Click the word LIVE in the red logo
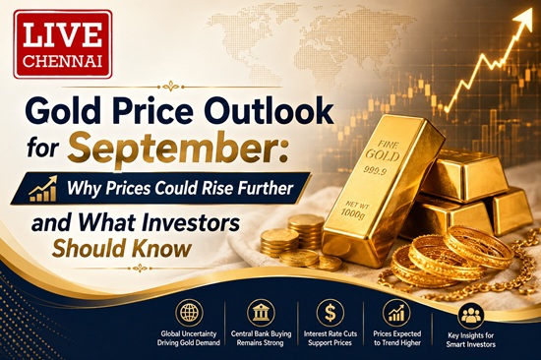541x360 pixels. (x=63, y=34)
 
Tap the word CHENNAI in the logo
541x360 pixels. (x=64, y=61)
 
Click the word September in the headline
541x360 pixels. (x=177, y=150)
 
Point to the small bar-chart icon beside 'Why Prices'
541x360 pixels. (x=43, y=189)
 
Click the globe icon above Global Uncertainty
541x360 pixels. (x=189, y=313)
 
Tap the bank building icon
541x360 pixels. (x=262, y=313)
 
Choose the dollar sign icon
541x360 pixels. (x=331, y=313)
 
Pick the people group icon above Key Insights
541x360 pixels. (x=470, y=316)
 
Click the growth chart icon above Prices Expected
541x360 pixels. (x=396, y=313)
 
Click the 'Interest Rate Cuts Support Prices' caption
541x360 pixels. (x=331, y=338)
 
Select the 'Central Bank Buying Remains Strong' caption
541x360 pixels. (x=262, y=338)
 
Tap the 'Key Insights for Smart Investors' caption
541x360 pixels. (x=470, y=339)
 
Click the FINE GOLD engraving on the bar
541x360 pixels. (x=382, y=151)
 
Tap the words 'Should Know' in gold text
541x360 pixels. (x=121, y=248)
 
